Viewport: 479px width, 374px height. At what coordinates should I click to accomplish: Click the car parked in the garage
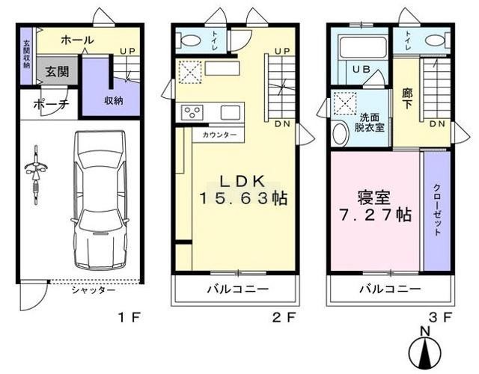(100, 200)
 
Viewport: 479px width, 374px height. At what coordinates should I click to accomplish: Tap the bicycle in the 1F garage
(37, 175)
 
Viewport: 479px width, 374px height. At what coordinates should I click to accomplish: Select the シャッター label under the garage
(94, 290)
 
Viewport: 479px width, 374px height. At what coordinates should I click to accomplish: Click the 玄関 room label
(58, 72)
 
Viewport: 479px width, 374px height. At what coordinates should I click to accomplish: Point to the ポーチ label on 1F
(52, 105)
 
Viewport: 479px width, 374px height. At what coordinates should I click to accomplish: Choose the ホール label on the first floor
(77, 40)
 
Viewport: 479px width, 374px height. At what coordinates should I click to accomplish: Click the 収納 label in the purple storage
(114, 100)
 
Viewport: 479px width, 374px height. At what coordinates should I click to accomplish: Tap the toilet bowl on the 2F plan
(190, 40)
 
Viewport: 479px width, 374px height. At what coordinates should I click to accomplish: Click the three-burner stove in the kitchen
(192, 112)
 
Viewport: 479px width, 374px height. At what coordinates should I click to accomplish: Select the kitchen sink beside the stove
(231, 112)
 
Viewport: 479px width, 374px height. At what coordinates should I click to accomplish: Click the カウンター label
(219, 135)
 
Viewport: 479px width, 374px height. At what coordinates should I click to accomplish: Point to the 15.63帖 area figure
(243, 198)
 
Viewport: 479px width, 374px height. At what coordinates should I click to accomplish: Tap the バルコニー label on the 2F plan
(238, 289)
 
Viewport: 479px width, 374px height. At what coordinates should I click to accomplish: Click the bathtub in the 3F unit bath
(363, 47)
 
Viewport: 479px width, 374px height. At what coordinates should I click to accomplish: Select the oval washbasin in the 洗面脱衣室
(341, 133)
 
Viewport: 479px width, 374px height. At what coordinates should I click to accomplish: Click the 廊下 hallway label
(406, 98)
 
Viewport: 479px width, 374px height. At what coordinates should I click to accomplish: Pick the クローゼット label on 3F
(437, 209)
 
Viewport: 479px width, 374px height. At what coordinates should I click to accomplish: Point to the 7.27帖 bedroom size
(375, 215)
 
